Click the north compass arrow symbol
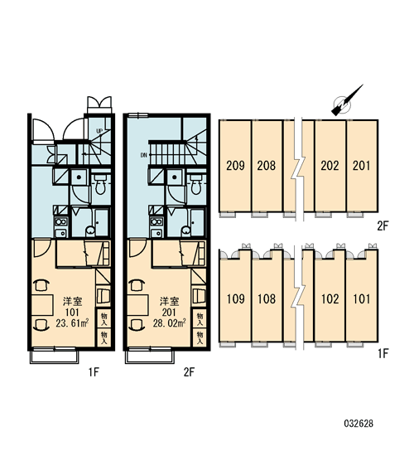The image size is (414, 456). pos(346,101)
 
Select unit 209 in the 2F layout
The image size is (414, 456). pos(235,166)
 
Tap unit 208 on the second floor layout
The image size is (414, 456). pos(267,166)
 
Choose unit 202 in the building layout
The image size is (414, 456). pos(330,166)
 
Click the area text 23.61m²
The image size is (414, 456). pos(72,323)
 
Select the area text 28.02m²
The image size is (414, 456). pos(169,323)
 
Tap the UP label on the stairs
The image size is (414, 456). pos(99,131)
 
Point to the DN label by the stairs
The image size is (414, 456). pos(144,155)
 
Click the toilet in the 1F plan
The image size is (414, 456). pos(100,184)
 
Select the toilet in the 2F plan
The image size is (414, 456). pos(196,184)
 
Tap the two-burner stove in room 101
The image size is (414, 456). pos(60,222)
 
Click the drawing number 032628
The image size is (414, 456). pos(359,424)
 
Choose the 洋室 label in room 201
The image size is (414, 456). pos(169,301)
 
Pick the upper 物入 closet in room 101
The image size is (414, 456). pos(103,318)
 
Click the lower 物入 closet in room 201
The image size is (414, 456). pos(200,337)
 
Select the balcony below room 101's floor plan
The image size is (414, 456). pos(55,356)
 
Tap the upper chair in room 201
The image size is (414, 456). pos(137,285)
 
